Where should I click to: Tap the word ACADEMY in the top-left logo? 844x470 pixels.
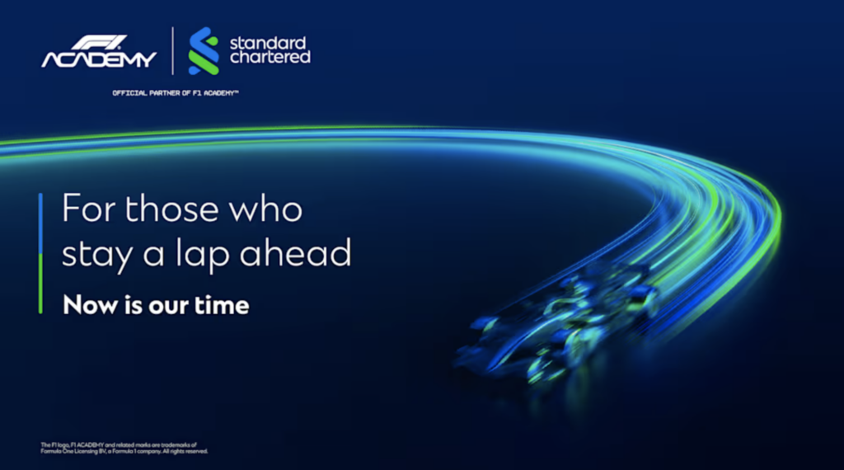(x=99, y=59)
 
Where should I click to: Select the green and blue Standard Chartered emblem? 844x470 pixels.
(x=203, y=51)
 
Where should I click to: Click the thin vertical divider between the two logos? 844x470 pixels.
(x=172, y=51)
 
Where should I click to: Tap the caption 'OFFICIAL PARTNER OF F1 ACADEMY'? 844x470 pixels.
(x=176, y=93)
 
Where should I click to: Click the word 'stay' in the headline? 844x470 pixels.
(x=96, y=253)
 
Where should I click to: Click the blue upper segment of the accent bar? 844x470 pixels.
(x=40, y=223)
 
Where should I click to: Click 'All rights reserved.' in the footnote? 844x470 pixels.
(x=181, y=452)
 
